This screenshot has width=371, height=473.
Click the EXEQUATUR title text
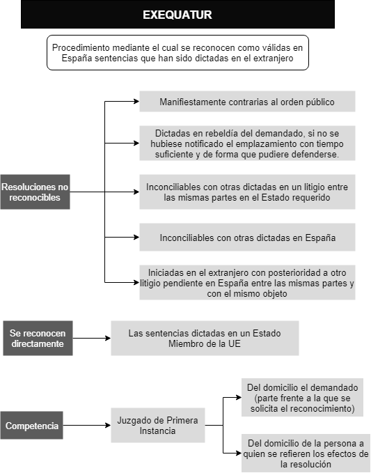click(x=177, y=15)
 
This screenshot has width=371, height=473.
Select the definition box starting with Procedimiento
click(x=177, y=52)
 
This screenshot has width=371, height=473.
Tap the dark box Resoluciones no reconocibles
click(x=35, y=192)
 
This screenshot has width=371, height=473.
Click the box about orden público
click(x=247, y=102)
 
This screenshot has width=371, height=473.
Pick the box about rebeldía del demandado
click(x=247, y=144)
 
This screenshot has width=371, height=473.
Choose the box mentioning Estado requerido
click(x=247, y=192)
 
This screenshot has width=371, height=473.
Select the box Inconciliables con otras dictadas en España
click(x=247, y=237)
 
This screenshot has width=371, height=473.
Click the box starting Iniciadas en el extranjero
click(x=247, y=282)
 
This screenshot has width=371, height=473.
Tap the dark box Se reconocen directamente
click(x=38, y=338)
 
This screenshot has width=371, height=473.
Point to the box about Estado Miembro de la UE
click(x=205, y=338)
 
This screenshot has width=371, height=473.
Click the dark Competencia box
click(x=31, y=426)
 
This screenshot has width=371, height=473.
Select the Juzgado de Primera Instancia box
click(x=158, y=426)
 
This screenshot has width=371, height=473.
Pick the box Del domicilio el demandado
click(x=302, y=398)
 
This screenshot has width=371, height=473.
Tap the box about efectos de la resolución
click(x=306, y=453)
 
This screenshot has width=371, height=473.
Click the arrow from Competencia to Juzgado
click(x=87, y=426)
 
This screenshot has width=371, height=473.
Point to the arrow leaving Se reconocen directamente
click(x=92, y=338)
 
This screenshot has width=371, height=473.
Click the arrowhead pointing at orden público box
click(x=136, y=102)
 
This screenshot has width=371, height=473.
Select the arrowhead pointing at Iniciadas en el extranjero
click(x=136, y=282)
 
